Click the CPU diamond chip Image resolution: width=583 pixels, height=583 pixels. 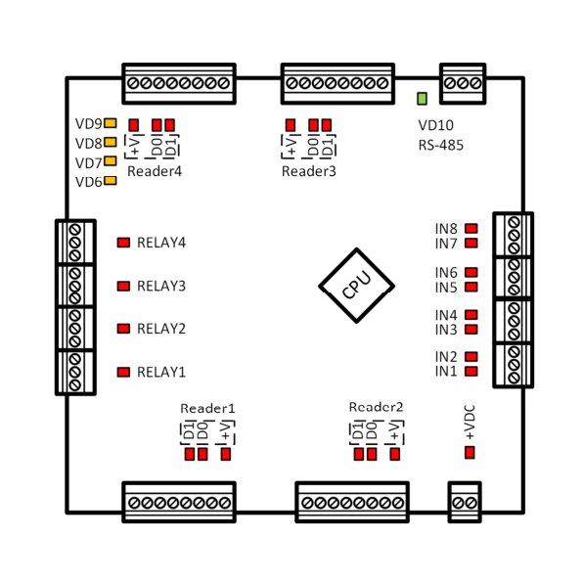[357, 286]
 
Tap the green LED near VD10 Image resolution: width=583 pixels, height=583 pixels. [422, 99]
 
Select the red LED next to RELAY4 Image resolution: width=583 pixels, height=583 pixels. [123, 243]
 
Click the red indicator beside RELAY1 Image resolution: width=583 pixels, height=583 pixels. [123, 372]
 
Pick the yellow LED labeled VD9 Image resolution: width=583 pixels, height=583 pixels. [111, 123]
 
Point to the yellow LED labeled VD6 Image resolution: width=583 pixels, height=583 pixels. [111, 181]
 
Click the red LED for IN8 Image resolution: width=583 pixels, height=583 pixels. [471, 228]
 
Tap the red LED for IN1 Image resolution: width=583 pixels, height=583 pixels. [471, 371]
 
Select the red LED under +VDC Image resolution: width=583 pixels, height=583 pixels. [470, 453]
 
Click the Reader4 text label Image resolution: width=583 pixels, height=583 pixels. [155, 171]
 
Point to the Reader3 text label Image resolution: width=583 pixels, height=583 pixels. [308, 171]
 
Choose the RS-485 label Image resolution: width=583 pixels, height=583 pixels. [440, 145]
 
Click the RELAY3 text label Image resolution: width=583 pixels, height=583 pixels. [161, 286]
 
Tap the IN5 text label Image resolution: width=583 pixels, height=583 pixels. [446, 288]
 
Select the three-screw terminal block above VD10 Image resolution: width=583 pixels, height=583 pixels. [463, 84]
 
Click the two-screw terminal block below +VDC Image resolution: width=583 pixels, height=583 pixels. [465, 503]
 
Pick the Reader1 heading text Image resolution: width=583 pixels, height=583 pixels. [207, 408]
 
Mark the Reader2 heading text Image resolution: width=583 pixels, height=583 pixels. [376, 407]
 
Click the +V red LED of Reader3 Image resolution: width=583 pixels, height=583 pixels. [291, 125]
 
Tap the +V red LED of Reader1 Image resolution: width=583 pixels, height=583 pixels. [226, 454]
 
